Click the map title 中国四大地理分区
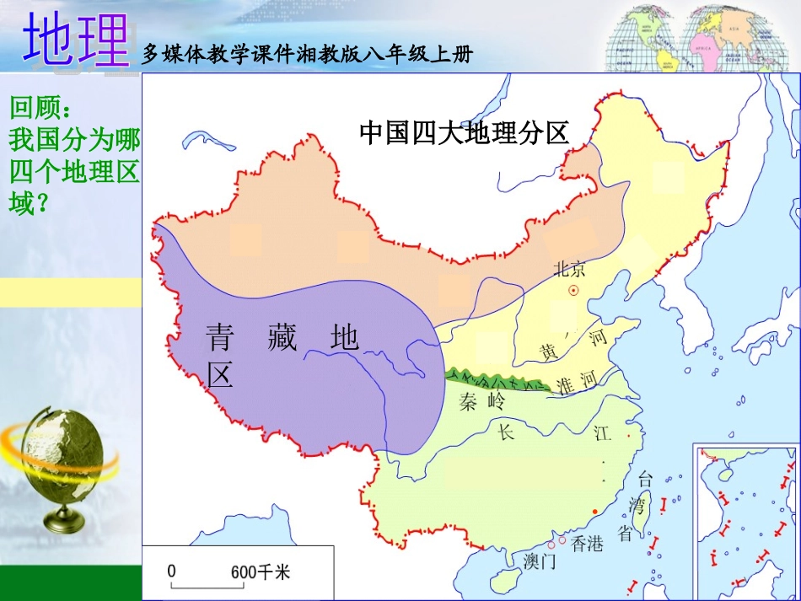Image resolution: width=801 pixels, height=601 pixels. coord(465,132)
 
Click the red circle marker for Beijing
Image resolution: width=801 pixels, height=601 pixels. coord(574,291)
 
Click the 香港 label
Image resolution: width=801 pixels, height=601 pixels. coord(588,544)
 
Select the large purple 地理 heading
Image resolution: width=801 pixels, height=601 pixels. coord(76,40)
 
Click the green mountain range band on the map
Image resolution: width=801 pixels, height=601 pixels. coord(497,380)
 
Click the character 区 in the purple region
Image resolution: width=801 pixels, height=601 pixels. coord(220,375)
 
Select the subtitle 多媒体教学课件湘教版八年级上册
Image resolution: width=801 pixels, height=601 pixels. coord(308,55)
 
